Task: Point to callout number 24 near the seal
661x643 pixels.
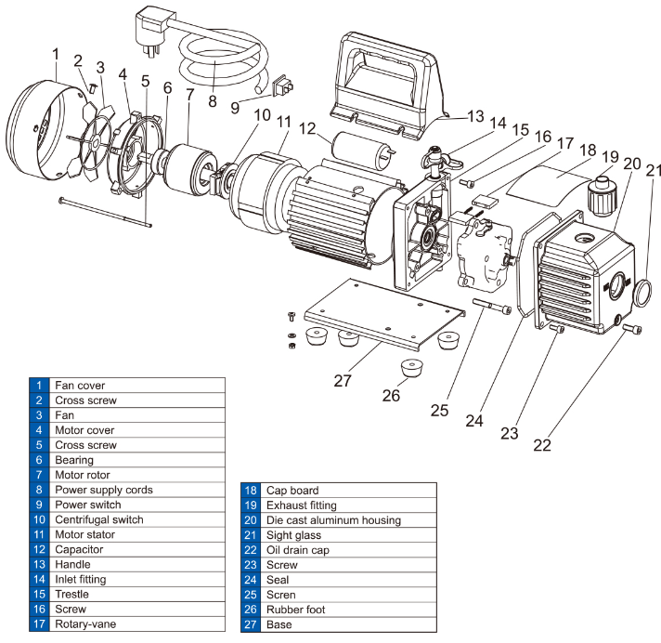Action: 475,420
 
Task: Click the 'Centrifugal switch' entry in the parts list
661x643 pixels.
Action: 99,519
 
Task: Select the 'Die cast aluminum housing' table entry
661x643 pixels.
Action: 333,520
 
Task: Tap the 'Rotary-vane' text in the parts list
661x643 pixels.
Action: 86,623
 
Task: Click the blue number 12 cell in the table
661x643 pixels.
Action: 38,549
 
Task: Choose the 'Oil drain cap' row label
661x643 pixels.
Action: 299,550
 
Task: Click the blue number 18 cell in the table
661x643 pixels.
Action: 250,491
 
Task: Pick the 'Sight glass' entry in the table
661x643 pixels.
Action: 294,535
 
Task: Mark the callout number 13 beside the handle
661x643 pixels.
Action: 475,116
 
